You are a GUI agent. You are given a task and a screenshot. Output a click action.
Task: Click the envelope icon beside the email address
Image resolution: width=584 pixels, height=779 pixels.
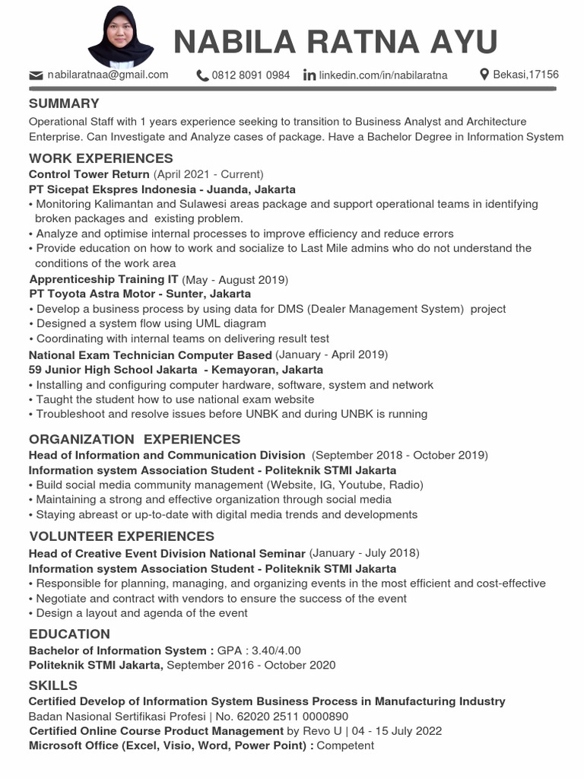coord(36,75)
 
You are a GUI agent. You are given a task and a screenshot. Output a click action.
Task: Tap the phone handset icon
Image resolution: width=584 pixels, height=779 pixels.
coord(202,75)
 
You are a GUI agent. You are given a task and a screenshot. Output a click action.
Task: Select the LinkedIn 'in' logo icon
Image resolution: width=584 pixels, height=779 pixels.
coord(309,75)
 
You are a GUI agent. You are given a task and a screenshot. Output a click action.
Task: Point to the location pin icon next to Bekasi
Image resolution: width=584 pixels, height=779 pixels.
coord(484,75)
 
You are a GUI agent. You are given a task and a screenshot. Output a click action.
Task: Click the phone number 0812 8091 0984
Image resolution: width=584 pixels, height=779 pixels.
coord(251,75)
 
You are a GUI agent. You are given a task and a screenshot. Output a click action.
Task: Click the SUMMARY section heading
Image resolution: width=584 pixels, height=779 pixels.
coord(64,103)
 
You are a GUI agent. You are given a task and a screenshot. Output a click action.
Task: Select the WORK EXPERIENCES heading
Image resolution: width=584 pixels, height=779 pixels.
coord(100,158)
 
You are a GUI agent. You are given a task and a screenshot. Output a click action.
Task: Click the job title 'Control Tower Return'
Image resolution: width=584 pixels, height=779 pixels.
coord(89,174)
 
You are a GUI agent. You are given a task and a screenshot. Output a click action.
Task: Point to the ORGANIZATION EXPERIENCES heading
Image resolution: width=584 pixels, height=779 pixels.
coord(135,439)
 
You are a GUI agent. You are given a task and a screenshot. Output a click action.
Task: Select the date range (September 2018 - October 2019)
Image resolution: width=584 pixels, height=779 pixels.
coord(400,455)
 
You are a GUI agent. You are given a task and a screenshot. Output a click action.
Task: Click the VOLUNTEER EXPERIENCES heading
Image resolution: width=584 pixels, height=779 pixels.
coord(122,536)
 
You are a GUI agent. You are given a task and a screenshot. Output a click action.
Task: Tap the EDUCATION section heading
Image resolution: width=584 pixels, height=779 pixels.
coord(69,634)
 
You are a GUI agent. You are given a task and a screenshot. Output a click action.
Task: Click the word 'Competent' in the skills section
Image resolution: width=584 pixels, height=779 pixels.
coord(345,746)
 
